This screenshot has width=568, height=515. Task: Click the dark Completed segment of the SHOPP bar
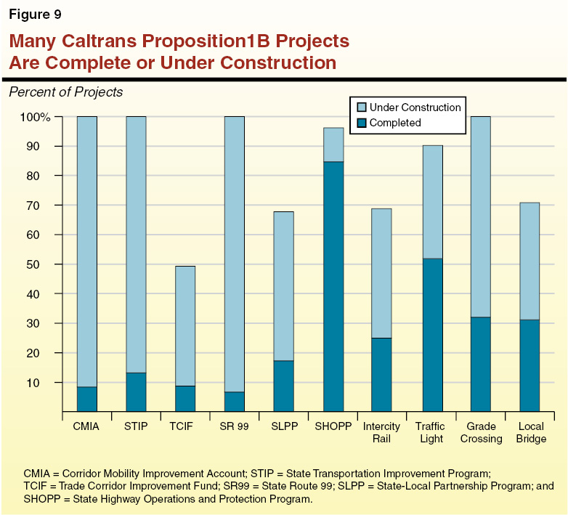[x=333, y=286]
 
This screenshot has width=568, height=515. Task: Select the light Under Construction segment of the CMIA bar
[x=87, y=251]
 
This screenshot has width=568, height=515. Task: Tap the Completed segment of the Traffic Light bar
[x=432, y=335]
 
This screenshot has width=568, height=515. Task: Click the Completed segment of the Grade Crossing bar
[x=481, y=364]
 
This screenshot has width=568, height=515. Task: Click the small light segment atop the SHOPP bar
[x=333, y=145]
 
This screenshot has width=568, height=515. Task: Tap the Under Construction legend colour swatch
[x=360, y=108]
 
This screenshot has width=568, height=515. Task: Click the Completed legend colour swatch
[x=360, y=123]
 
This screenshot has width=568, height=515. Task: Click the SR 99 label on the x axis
[x=234, y=427]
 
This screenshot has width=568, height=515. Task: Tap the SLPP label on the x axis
[x=283, y=427]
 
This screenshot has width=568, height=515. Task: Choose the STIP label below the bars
[x=136, y=427]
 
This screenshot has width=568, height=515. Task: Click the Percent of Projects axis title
[x=65, y=92]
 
